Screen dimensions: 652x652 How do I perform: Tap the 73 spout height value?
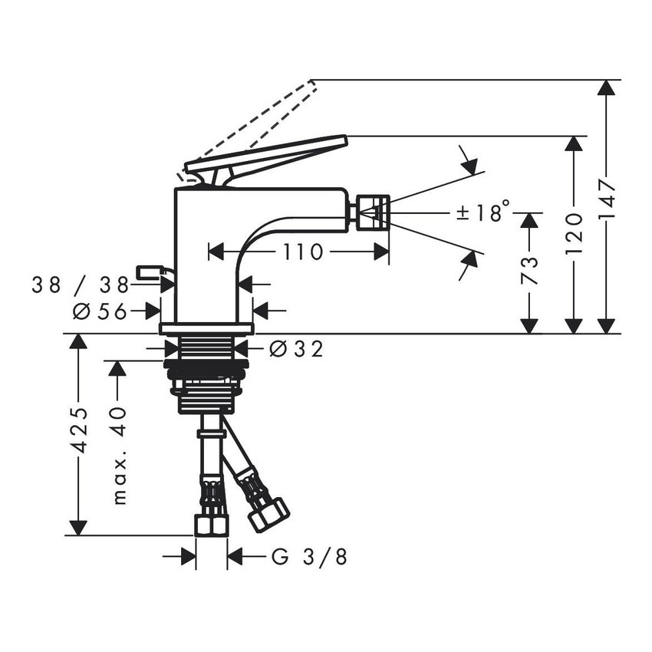[x=529, y=271]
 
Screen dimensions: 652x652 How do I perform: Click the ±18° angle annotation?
[x=482, y=212]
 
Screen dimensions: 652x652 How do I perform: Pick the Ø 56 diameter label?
[x=99, y=311]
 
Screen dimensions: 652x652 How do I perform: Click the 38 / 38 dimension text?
[x=80, y=285]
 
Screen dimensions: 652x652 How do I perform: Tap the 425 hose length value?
[x=79, y=433]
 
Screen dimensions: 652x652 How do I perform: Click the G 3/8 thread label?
[x=309, y=556]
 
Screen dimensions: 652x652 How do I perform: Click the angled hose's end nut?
[x=268, y=514]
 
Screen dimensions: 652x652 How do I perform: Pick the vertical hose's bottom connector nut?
[x=211, y=525]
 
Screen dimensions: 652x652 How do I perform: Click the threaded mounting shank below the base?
[x=206, y=376]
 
